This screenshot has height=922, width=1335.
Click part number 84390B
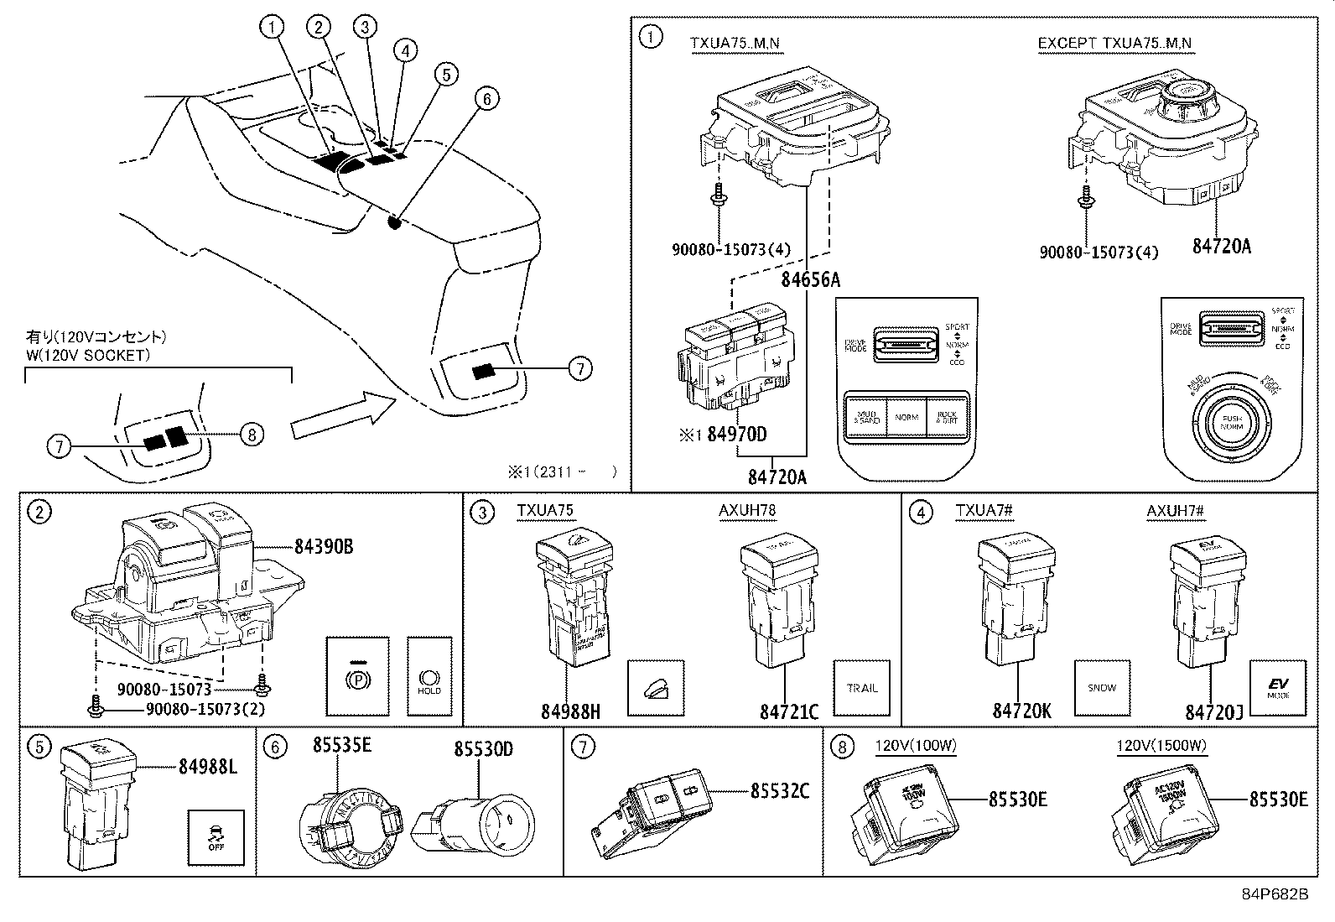(323, 547)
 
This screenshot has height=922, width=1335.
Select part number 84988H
(570, 711)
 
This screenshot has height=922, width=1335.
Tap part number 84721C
(788, 711)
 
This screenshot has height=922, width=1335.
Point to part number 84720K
(1021, 711)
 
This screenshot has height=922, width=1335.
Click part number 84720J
(1213, 711)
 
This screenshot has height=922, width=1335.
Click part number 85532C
(779, 790)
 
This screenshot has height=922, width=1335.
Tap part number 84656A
(810, 280)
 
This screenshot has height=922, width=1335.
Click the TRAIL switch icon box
(861, 688)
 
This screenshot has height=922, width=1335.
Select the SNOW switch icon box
(1102, 688)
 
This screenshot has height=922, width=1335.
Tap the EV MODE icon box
(1277, 688)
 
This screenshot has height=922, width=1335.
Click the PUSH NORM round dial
(1231, 422)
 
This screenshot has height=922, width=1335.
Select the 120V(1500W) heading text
(1160, 746)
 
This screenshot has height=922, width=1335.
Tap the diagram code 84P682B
(1275, 894)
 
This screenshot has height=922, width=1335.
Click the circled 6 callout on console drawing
(485, 99)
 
